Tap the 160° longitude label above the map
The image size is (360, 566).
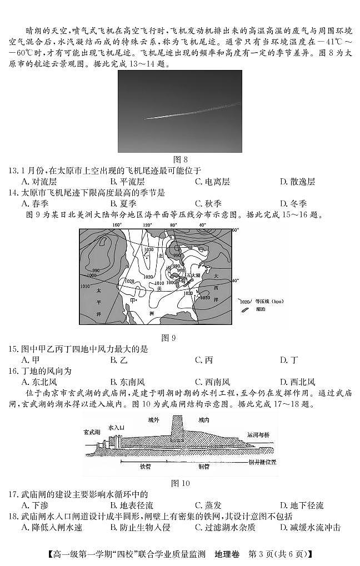(x=117, y=225)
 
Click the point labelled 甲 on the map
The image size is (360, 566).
(x=133, y=300)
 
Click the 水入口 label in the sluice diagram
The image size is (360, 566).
(x=117, y=428)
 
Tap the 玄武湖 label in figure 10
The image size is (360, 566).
(x=92, y=432)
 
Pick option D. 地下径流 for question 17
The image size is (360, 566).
(x=302, y=505)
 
